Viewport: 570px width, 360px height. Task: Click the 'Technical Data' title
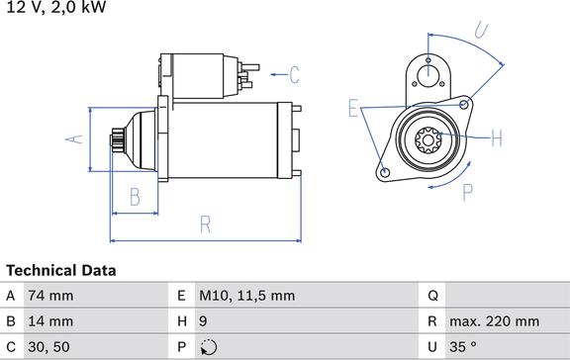click(61, 270)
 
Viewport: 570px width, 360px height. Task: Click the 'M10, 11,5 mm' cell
click(247, 295)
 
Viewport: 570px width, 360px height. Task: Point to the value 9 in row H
click(204, 321)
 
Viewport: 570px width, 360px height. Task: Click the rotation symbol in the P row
click(207, 347)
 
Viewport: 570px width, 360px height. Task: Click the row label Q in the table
click(433, 295)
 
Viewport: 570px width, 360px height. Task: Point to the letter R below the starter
click(205, 224)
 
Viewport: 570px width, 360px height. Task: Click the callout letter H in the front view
click(496, 136)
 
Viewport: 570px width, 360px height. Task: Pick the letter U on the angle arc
click(481, 31)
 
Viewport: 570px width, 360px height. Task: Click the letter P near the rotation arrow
click(467, 192)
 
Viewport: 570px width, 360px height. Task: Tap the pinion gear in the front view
click(430, 139)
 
